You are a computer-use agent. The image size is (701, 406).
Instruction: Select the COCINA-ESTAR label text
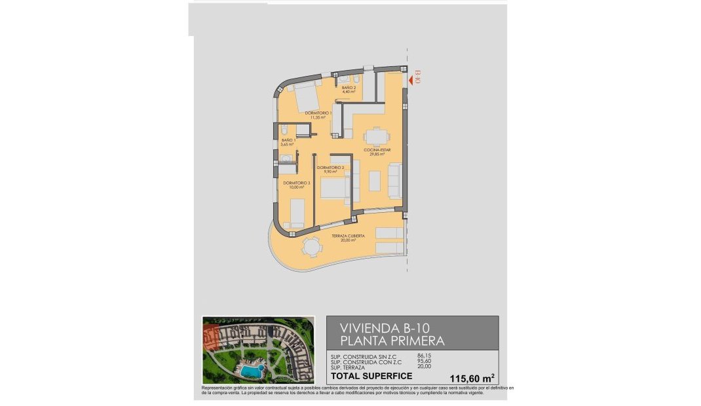377,150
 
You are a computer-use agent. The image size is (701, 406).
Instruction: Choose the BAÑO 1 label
289,142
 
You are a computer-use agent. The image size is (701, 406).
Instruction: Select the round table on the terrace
312,248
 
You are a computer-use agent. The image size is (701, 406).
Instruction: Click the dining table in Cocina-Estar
375,136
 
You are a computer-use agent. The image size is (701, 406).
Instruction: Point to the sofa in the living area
395,181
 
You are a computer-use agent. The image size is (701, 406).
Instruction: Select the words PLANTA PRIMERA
392,341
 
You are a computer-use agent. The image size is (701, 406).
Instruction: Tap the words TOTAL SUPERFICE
371,376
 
